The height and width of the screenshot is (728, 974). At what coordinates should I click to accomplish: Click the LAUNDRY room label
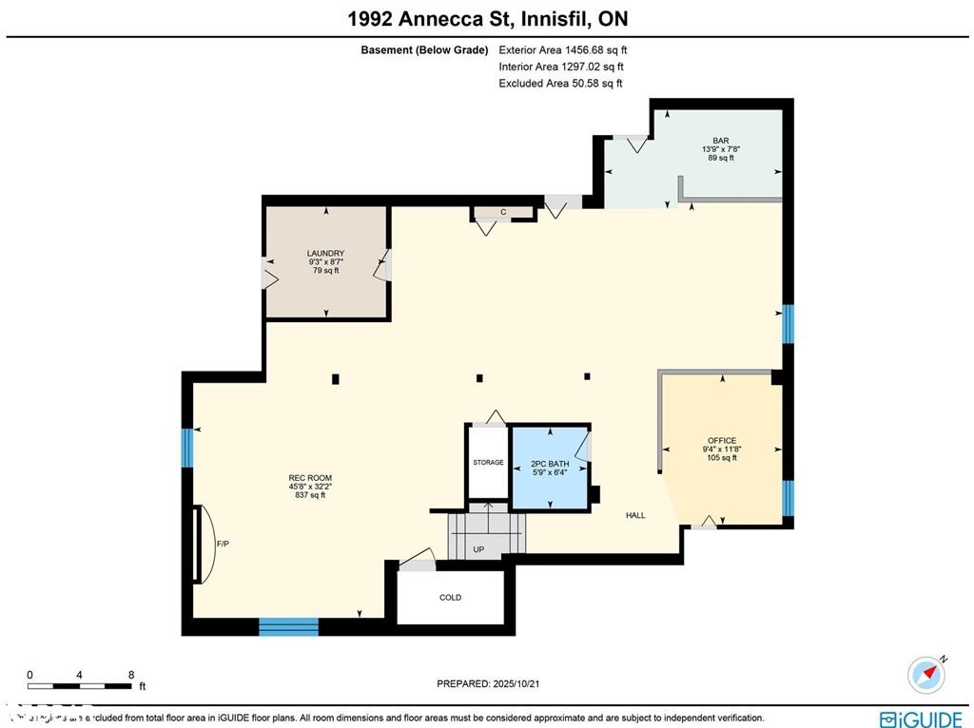[325, 254]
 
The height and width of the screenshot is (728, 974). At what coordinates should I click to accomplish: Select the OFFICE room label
[722, 441]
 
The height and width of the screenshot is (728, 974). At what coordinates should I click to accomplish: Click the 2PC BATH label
[550, 464]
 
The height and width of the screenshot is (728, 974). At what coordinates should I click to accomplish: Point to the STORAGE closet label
[488, 463]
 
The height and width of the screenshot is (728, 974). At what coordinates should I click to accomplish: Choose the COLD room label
[450, 598]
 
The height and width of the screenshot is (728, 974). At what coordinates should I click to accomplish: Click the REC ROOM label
[310, 478]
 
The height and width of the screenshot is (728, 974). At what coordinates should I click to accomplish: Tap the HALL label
[635, 515]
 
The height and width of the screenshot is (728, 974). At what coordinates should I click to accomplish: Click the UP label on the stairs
[478, 549]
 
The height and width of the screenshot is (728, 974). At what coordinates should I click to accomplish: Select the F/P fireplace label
[223, 545]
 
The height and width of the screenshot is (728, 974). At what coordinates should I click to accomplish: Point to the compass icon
[926, 674]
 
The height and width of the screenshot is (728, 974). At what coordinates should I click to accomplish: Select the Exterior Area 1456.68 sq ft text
[563, 49]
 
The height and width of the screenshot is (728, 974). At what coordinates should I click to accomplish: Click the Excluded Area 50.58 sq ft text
[560, 84]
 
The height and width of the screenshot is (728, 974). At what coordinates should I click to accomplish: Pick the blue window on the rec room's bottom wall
[288, 626]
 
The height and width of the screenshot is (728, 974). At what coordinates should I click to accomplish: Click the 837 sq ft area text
[310, 495]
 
